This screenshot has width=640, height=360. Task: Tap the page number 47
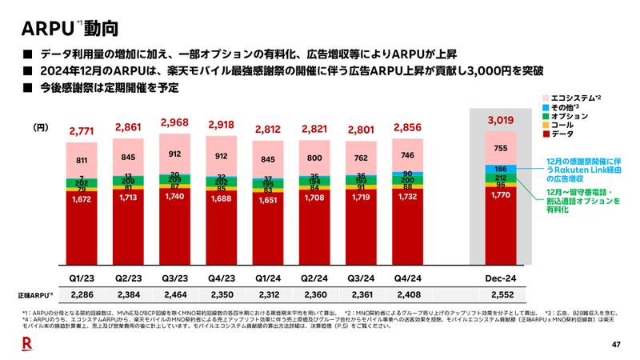point(616,345)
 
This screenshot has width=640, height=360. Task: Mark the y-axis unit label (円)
point(41,127)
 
